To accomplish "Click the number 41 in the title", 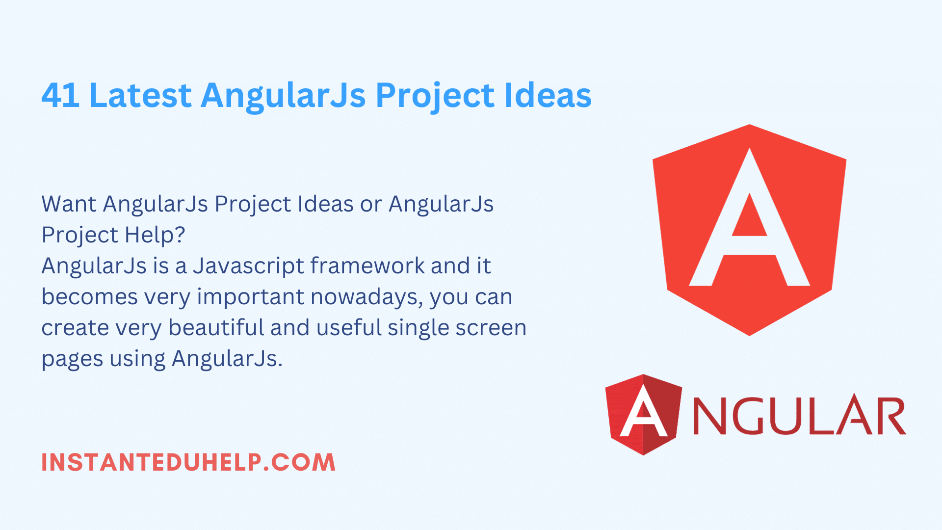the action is tap(60, 95).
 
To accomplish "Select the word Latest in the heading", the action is tap(140, 95).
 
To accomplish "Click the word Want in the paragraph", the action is tap(69, 204).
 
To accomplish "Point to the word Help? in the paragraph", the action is tap(155, 235).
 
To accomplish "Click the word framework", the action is tap(368, 265).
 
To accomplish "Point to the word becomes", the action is tap(90, 297).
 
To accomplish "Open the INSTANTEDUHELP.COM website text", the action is tap(188, 462).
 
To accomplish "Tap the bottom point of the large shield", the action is tap(749, 336).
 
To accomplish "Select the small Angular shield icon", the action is tap(644, 415).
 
